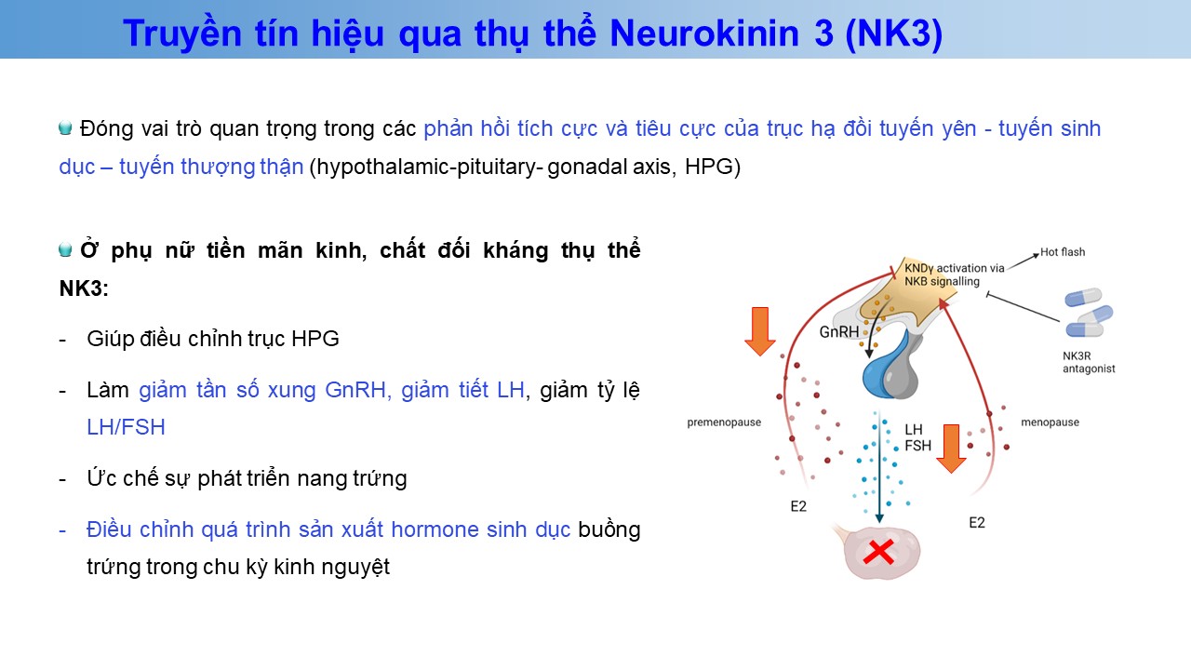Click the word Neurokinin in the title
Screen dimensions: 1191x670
[x=704, y=33]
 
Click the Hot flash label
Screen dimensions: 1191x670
[x=1063, y=252]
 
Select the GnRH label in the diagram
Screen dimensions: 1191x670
[x=839, y=332]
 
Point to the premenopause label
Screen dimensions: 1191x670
[x=724, y=422]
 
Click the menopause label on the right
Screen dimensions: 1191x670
[x=1050, y=422]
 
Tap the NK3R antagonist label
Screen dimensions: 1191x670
[x=1089, y=362]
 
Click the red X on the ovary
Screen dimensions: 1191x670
[x=878, y=553]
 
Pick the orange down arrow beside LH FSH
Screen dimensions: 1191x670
[x=951, y=449]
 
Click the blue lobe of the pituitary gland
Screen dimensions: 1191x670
[x=883, y=368]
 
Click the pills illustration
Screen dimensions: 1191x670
[x=1088, y=313]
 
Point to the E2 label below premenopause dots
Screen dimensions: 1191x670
[x=798, y=506]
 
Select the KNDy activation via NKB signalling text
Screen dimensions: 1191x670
[x=954, y=275]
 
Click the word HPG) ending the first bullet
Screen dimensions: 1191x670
[x=713, y=167]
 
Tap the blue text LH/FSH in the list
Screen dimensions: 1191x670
[x=126, y=427]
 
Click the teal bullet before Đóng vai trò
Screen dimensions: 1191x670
[x=65, y=128]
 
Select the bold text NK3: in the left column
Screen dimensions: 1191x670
[x=84, y=288]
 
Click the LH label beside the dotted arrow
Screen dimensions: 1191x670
[x=914, y=430]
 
